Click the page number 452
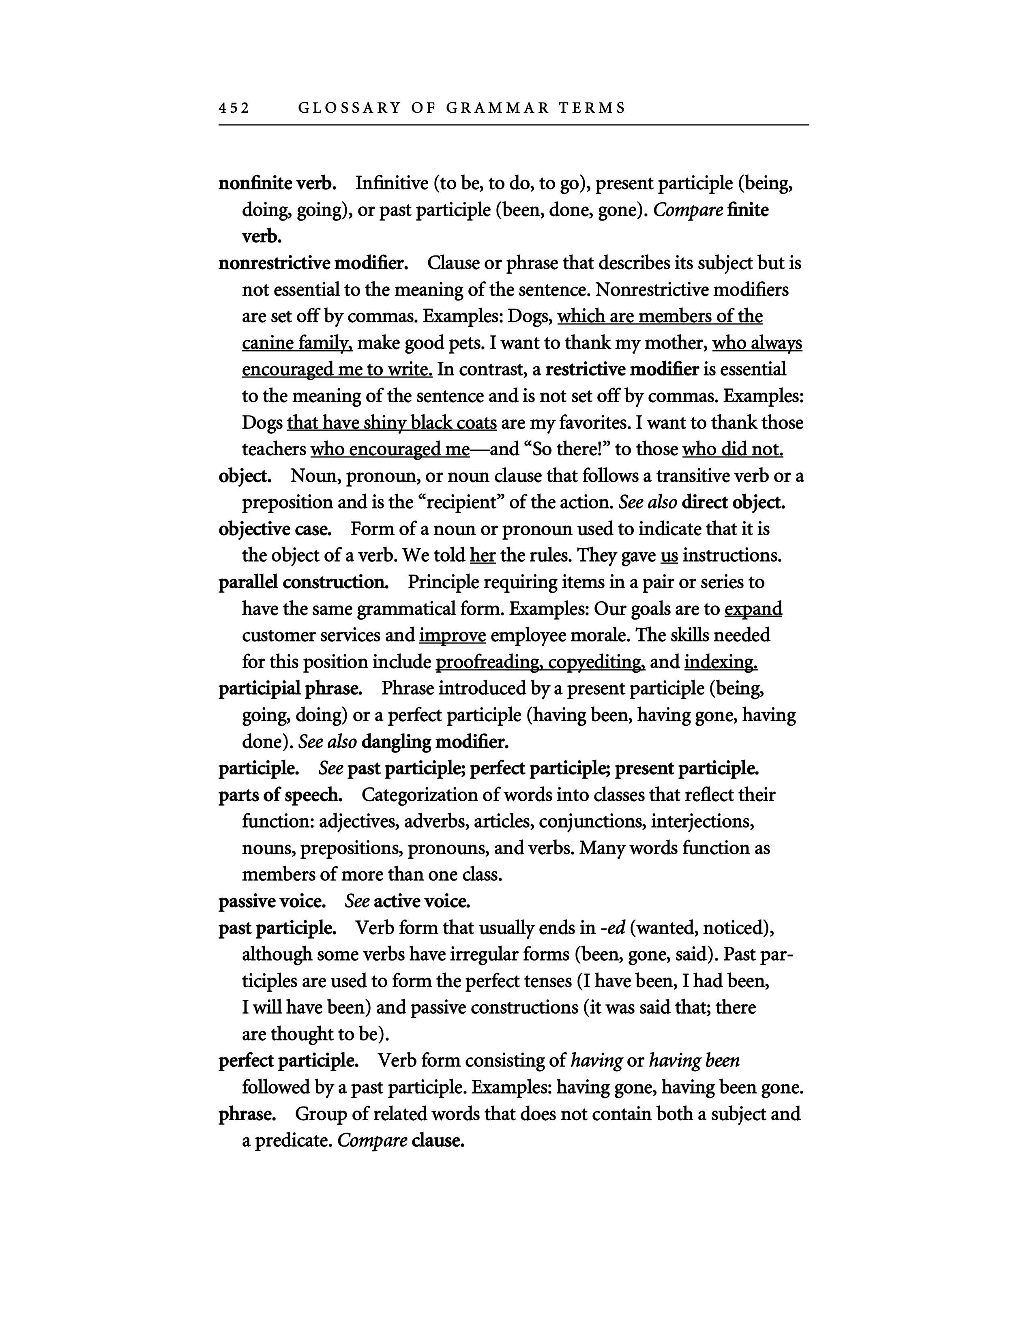click(234, 108)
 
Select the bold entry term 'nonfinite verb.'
click(277, 183)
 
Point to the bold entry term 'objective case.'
click(275, 529)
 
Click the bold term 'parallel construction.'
click(303, 582)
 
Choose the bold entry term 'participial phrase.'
click(290, 688)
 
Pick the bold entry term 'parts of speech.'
click(281, 795)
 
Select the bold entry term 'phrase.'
click(247, 1114)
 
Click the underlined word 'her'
click(483, 555)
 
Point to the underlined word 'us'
click(669, 555)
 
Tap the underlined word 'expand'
click(753, 609)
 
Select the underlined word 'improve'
click(452, 635)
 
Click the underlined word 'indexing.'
click(721, 662)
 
